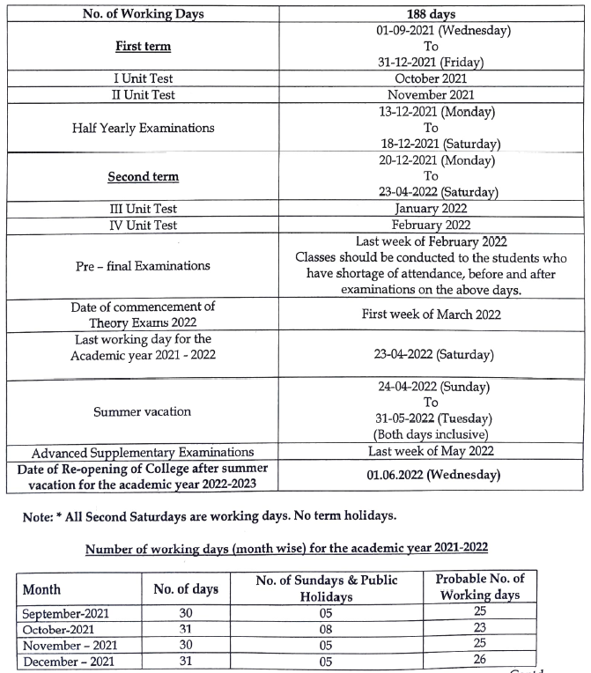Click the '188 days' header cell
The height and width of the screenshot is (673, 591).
coord(430,14)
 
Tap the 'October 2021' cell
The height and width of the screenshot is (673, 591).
coord(430,78)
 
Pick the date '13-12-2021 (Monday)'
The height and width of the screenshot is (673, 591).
coord(430,112)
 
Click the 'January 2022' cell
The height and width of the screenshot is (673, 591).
coord(430,209)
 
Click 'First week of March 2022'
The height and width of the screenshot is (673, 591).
coord(430,314)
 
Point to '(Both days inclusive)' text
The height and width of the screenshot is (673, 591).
coord(430,434)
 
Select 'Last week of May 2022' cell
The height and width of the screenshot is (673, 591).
coord(430,451)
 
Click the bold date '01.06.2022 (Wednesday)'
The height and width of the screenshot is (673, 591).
coord(430,476)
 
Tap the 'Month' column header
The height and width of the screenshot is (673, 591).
coord(41,588)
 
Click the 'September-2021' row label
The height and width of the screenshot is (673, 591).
coord(66,613)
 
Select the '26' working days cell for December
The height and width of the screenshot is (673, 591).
coord(479,662)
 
